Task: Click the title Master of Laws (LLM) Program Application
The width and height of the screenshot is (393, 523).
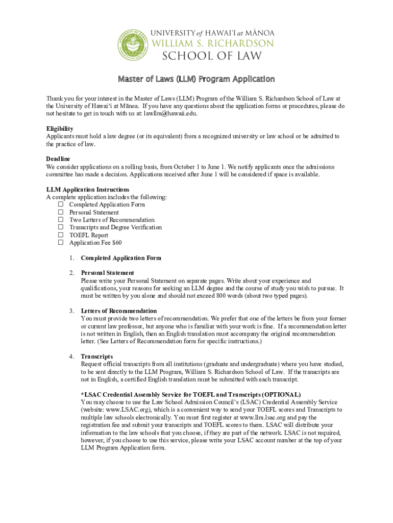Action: pos(196,79)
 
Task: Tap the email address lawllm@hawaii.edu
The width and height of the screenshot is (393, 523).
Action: pos(170,113)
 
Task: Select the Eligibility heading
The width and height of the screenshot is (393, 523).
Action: pos(60,129)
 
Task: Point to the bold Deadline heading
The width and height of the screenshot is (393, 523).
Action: pos(58,159)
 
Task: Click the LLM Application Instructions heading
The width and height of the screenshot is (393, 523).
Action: pos(87,189)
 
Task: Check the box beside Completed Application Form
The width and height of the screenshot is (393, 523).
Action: pos(60,205)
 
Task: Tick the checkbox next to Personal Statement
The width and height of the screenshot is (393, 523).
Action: pos(60,212)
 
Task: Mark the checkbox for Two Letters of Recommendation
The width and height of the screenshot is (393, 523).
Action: pos(60,220)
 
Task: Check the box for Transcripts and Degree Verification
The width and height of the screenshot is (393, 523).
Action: pos(60,228)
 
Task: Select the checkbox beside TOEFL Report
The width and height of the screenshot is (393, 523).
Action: pos(60,235)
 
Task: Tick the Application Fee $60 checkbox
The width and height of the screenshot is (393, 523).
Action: pos(60,243)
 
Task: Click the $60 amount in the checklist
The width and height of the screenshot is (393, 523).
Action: pos(117,243)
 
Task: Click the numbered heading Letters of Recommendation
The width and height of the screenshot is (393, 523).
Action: pos(119,311)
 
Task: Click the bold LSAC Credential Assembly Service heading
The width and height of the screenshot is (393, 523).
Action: pos(191,395)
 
